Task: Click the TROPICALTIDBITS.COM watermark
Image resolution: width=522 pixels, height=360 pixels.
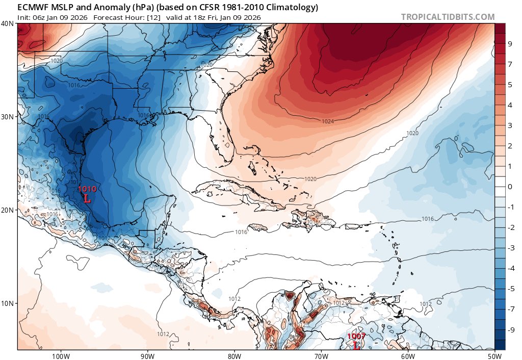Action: pyautogui.click(x=448, y=17)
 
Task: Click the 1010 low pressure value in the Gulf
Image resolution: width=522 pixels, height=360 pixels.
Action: pyautogui.click(x=87, y=189)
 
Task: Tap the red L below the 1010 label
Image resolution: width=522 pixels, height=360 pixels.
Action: pyautogui.click(x=87, y=198)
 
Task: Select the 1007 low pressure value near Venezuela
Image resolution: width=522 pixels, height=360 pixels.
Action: pyautogui.click(x=356, y=337)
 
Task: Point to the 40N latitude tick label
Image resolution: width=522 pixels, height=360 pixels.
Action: pyautogui.click(x=8, y=23)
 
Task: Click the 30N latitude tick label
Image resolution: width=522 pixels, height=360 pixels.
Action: pyautogui.click(x=8, y=116)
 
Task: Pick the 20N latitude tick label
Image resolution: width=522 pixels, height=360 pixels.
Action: pyautogui.click(x=8, y=210)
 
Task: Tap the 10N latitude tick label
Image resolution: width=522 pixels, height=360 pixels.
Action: pyautogui.click(x=8, y=303)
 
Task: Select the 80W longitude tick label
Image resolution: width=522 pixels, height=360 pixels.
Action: pyautogui.click(x=234, y=355)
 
